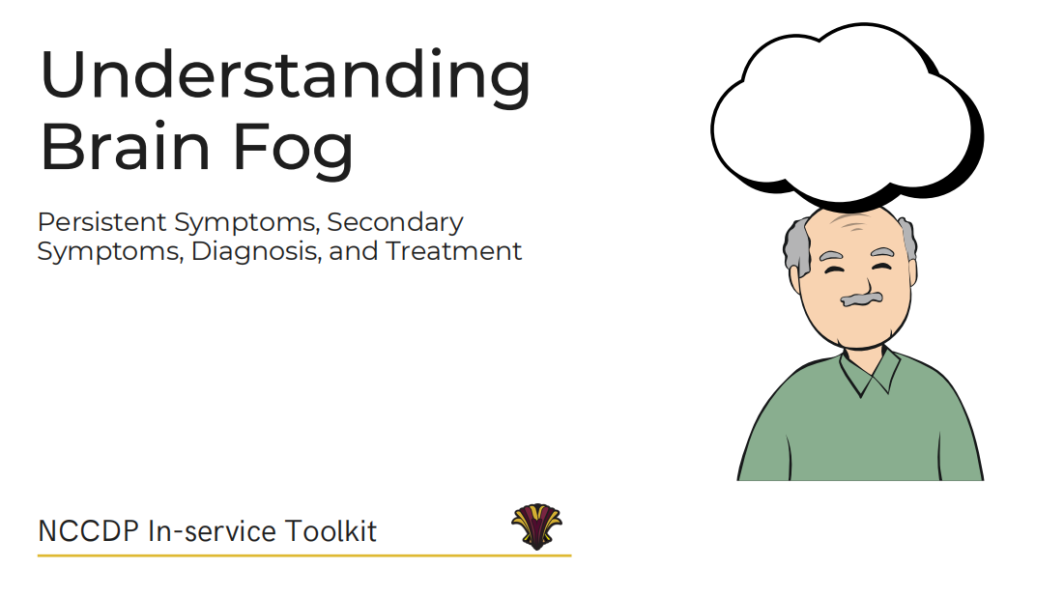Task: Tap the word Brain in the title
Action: click(126, 146)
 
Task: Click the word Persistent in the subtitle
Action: click(101, 222)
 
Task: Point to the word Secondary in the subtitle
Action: click(395, 223)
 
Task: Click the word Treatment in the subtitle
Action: click(454, 251)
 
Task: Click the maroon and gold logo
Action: click(536, 526)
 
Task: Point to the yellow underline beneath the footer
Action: click(304, 555)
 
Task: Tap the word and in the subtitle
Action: click(354, 251)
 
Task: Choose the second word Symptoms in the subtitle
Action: click(109, 252)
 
